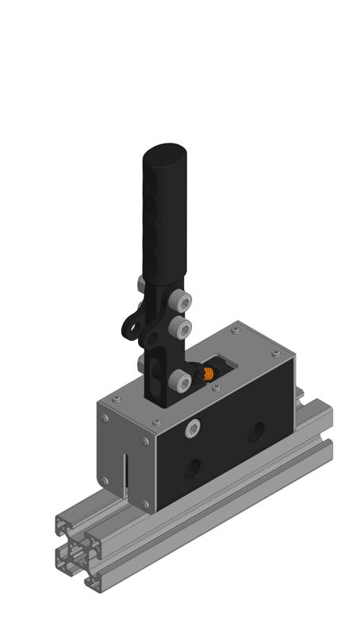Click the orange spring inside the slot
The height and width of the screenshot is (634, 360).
coord(209,374)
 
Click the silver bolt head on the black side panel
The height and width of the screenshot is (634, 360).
coord(193,430)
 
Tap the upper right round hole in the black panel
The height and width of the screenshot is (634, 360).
coord(256,432)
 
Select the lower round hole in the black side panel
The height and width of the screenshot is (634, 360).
coord(193,469)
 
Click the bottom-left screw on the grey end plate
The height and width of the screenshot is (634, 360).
coord(104,480)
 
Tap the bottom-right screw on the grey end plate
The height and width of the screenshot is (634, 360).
coord(144,503)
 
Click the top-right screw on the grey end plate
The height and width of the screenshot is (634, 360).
coord(144,441)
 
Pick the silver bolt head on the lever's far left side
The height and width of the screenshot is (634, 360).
coord(141,282)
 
